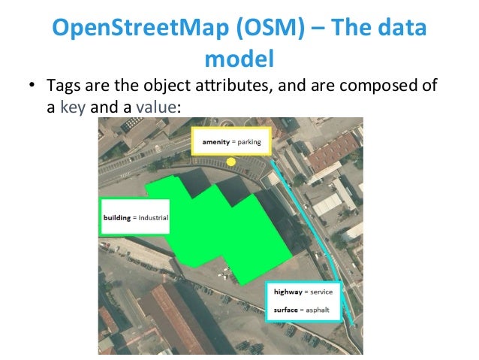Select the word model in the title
pyautogui.click(x=239, y=58)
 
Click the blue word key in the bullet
pyautogui.click(x=73, y=107)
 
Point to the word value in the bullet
pyautogui.click(x=156, y=107)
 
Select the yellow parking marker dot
pyautogui.click(x=230, y=162)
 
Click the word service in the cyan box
pyautogui.click(x=325, y=291)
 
